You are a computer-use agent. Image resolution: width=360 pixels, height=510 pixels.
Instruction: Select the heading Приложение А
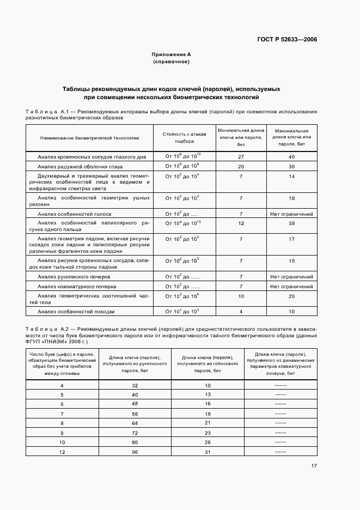click(x=171, y=54)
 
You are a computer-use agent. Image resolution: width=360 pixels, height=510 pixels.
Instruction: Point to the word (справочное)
click(x=171, y=62)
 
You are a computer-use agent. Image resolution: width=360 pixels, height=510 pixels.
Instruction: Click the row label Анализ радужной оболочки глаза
click(x=80, y=166)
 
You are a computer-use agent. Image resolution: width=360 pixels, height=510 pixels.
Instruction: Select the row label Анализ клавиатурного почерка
click(x=77, y=286)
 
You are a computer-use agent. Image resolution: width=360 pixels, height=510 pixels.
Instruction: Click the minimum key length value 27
click(x=241, y=157)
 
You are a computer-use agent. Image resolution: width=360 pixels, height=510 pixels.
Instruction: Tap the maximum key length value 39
click(x=292, y=223)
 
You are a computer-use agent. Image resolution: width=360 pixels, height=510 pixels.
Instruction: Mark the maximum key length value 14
click(x=292, y=177)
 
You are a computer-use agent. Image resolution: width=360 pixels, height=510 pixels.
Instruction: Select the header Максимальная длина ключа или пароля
click(x=292, y=138)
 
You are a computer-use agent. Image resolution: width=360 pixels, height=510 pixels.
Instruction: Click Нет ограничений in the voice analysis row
click(x=292, y=214)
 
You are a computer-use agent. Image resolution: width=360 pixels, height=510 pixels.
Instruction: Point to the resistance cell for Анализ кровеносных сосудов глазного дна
click(x=184, y=157)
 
